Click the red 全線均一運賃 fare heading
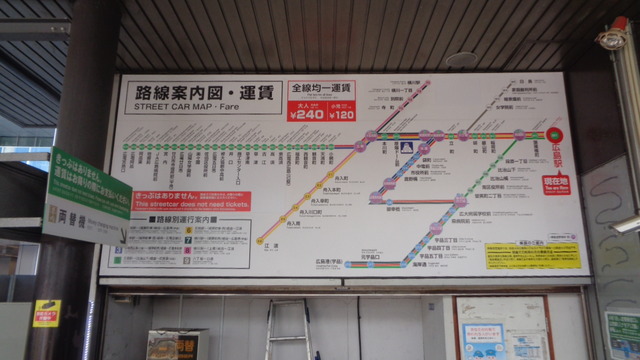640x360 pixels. [x=322, y=88]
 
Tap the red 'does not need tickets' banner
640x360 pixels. [x=192, y=201]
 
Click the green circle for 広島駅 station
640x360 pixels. [x=555, y=134]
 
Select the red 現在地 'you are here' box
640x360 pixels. [x=556, y=184]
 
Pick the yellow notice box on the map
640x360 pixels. [x=517, y=255]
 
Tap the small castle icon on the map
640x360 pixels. [x=406, y=148]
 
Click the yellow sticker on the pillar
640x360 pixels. [x=46, y=313]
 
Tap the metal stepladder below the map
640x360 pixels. [x=289, y=330]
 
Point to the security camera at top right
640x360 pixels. [x=614, y=38]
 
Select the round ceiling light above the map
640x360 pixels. [x=462, y=60]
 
